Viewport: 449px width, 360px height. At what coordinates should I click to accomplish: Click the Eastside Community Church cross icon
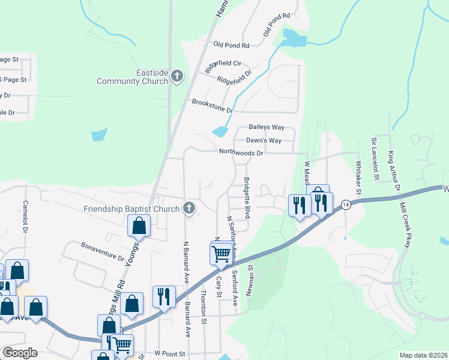click(176, 76)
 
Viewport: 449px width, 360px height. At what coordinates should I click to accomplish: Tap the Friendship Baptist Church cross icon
click(189, 208)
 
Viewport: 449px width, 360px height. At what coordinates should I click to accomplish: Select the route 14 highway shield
click(345, 205)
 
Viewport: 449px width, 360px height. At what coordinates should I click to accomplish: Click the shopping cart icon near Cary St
click(221, 254)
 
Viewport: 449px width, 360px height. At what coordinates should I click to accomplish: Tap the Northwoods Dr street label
click(241, 152)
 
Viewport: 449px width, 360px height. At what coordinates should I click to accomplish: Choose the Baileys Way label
click(267, 128)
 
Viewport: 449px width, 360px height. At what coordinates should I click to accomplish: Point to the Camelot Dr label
click(25, 217)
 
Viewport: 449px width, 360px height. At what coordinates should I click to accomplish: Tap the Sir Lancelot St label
click(375, 157)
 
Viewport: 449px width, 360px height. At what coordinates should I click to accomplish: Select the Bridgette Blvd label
click(246, 197)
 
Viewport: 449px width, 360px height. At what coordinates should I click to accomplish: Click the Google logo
click(20, 353)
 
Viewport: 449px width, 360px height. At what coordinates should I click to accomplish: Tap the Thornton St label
click(204, 307)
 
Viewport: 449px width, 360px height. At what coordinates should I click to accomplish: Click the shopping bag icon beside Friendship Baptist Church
click(139, 226)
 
